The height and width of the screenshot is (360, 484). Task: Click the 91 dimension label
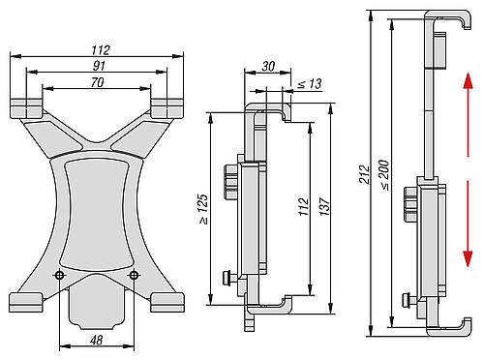pos(99,66)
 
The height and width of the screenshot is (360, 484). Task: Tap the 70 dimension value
pos(97,82)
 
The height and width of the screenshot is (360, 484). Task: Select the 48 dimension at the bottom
pos(97,340)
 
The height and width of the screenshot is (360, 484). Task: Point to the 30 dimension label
pos(268,67)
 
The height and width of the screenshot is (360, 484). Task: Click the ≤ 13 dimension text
pos(310,84)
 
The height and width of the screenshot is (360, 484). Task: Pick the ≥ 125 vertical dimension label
pos(203,209)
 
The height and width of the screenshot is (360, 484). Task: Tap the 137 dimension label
pos(324,207)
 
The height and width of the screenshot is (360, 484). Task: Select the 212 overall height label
pos(365,174)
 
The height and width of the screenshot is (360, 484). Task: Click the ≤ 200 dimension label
pos(384,174)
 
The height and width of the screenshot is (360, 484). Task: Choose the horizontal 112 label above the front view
pos(101,50)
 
